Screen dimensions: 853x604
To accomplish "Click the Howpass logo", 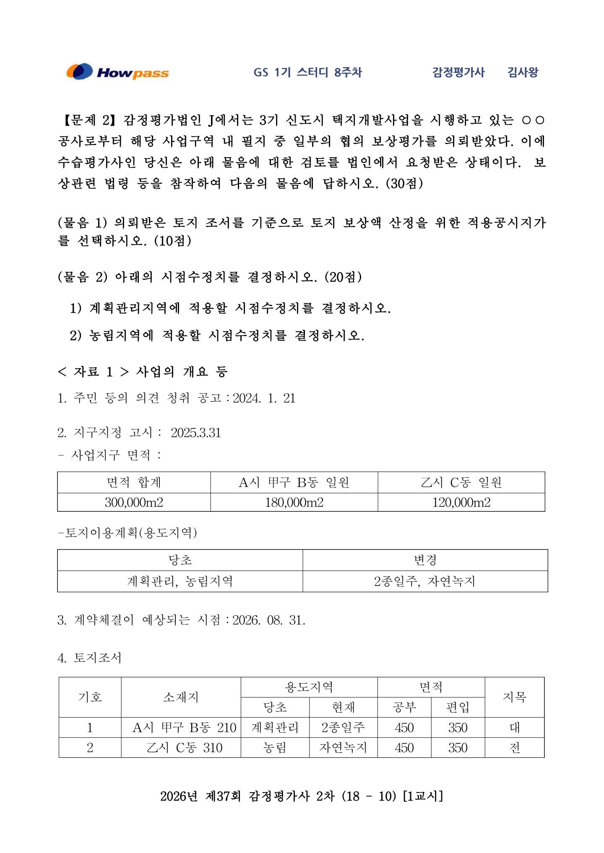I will [x=117, y=72].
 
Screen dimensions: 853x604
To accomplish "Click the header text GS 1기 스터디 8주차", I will [x=307, y=72].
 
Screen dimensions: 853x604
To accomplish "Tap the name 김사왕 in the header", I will [x=523, y=72].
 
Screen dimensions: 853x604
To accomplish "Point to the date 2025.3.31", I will [x=195, y=433].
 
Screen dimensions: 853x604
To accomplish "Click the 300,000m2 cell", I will [x=134, y=502].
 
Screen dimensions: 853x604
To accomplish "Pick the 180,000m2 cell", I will [x=294, y=502].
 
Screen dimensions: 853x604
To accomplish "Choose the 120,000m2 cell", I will [x=461, y=502].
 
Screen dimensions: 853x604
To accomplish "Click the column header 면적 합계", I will [x=134, y=482].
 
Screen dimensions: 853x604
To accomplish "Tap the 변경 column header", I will [x=425, y=560].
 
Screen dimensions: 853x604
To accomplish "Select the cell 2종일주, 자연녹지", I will [x=425, y=581].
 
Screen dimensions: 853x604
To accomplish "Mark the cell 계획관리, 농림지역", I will [x=180, y=581].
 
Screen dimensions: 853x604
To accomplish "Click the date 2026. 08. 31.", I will [x=268, y=620].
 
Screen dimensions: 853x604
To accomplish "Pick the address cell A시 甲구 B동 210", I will [x=184, y=728].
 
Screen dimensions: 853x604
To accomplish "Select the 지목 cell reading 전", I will [x=515, y=748].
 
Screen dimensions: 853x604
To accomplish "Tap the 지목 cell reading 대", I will [x=515, y=728].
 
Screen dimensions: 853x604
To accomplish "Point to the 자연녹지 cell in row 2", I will [x=343, y=748].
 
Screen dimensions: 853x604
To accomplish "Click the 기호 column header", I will [x=90, y=697].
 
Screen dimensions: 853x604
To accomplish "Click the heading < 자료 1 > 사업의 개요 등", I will [x=143, y=371].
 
